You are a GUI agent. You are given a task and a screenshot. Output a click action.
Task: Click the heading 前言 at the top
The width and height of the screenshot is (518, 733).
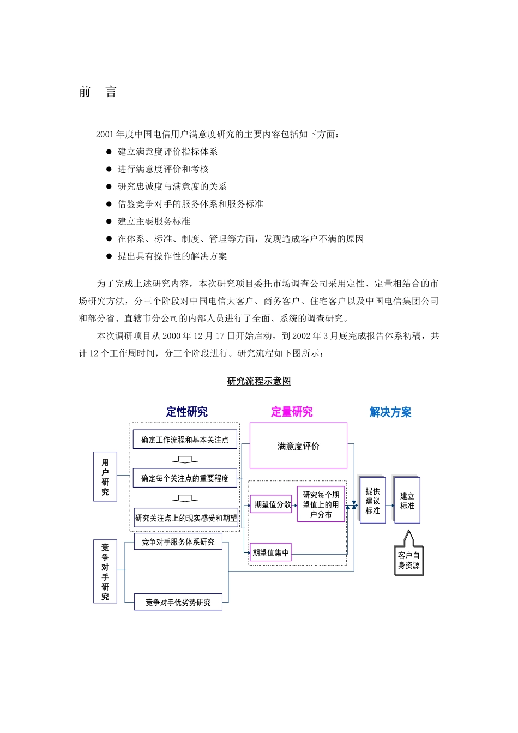pyautogui.click(x=98, y=92)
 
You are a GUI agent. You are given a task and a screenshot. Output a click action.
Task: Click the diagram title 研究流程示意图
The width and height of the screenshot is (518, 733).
pyautogui.click(x=259, y=381)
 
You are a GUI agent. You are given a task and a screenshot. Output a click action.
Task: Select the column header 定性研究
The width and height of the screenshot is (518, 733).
pyautogui.click(x=187, y=412)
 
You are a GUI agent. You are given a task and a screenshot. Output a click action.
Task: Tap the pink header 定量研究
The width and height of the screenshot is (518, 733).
pyautogui.click(x=292, y=412)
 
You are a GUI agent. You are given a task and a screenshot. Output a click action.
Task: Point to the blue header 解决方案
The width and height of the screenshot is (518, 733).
pyautogui.click(x=390, y=412)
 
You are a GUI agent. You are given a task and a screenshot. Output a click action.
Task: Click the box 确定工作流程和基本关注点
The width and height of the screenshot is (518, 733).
pyautogui.click(x=185, y=440)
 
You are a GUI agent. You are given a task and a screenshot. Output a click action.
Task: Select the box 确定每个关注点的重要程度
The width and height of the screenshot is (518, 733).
pyautogui.click(x=185, y=478)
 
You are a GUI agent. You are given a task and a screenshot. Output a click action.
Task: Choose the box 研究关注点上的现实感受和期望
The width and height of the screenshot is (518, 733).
pyautogui.click(x=186, y=518)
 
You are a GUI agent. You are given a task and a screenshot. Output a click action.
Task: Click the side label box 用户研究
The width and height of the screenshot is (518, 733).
pyautogui.click(x=105, y=477)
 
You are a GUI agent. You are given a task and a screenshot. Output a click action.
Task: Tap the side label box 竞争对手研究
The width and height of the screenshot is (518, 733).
pyautogui.click(x=105, y=572)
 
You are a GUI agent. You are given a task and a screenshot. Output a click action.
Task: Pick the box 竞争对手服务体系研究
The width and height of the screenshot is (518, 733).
pyautogui.click(x=178, y=542)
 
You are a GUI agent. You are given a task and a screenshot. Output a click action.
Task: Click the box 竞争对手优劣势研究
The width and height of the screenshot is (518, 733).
pyautogui.click(x=178, y=602)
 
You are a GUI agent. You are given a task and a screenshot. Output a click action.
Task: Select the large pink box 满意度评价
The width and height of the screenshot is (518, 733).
pyautogui.click(x=298, y=446)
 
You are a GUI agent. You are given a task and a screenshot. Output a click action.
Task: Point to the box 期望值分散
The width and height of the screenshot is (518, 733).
pyautogui.click(x=272, y=504)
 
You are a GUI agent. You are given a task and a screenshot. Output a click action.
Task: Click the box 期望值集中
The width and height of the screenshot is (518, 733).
pyautogui.click(x=270, y=552)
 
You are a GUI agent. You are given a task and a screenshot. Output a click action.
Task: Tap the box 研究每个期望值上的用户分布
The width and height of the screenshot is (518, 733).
pyautogui.click(x=321, y=504)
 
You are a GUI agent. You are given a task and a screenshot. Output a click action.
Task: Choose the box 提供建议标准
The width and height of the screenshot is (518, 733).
pyautogui.click(x=373, y=501)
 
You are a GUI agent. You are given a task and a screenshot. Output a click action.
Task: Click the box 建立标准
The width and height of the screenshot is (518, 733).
pyautogui.click(x=407, y=501)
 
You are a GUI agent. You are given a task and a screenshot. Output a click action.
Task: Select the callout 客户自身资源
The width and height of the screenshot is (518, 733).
pyautogui.click(x=409, y=560)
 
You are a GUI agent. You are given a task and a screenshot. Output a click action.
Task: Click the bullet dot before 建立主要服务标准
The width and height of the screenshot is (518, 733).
pyautogui.click(x=109, y=221)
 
